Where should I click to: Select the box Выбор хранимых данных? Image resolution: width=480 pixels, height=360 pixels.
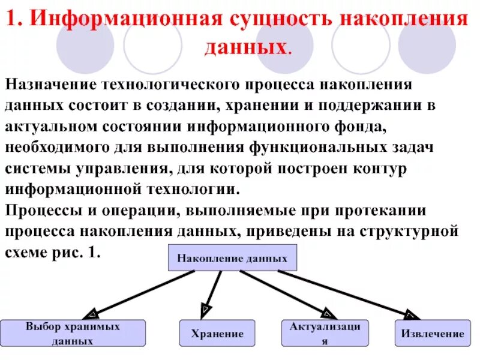tap(73, 334)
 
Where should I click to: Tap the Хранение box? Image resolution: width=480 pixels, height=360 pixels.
tap(217, 334)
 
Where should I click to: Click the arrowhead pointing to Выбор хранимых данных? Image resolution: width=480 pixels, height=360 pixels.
tap(93, 314)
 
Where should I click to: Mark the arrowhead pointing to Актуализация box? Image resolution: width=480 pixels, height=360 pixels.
tap(327, 312)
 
